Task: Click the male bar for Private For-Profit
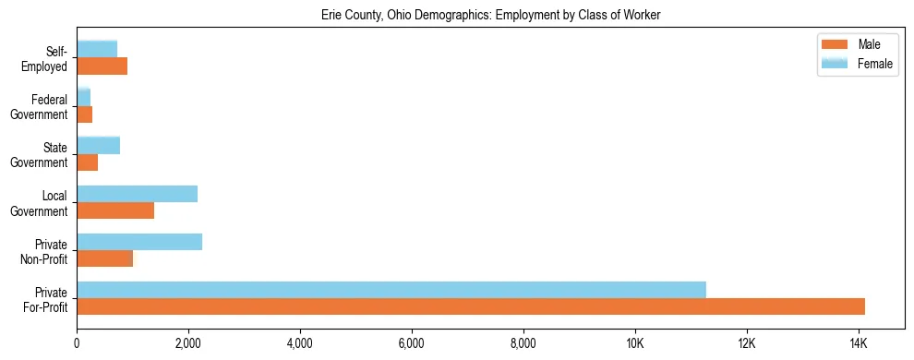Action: pos(471,306)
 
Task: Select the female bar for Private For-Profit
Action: pos(391,290)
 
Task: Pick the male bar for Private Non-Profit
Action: pos(105,258)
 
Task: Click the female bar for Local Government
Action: pos(138,194)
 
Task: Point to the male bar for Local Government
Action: pos(115,210)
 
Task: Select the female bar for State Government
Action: pos(99,145)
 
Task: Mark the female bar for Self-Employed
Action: pos(97,49)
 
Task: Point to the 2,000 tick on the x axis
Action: pos(188,343)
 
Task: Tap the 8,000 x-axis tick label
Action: pos(523,343)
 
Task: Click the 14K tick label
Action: pos(859,343)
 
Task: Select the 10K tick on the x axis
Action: pos(635,343)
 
